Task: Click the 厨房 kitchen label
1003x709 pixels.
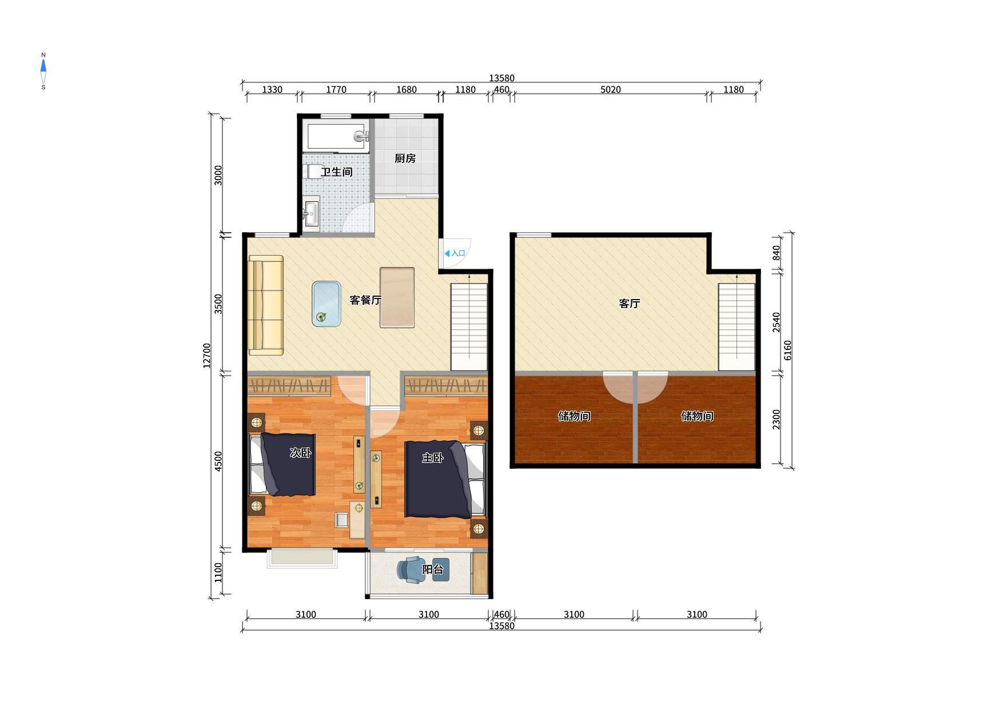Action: tap(405, 158)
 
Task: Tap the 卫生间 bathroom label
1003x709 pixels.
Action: tap(336, 172)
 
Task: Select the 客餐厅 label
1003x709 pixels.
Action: tap(365, 300)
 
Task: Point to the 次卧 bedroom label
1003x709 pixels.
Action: tap(301, 453)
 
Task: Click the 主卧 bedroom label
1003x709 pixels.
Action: tap(433, 457)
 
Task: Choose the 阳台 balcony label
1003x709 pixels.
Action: tap(433, 569)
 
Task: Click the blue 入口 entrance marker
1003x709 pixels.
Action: tap(455, 253)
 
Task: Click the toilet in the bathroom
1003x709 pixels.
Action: tap(316, 172)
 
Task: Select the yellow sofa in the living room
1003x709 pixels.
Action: tap(266, 305)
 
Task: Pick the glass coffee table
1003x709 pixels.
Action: tap(327, 304)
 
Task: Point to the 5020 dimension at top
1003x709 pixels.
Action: tap(610, 90)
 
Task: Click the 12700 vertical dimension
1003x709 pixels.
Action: tap(207, 356)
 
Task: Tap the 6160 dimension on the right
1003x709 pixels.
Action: tap(788, 350)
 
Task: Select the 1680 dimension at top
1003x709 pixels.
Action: tap(406, 90)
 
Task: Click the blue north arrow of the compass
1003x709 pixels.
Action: tap(43, 66)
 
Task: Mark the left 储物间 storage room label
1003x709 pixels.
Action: tap(574, 416)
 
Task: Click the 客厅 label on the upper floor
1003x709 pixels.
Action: tap(629, 304)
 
